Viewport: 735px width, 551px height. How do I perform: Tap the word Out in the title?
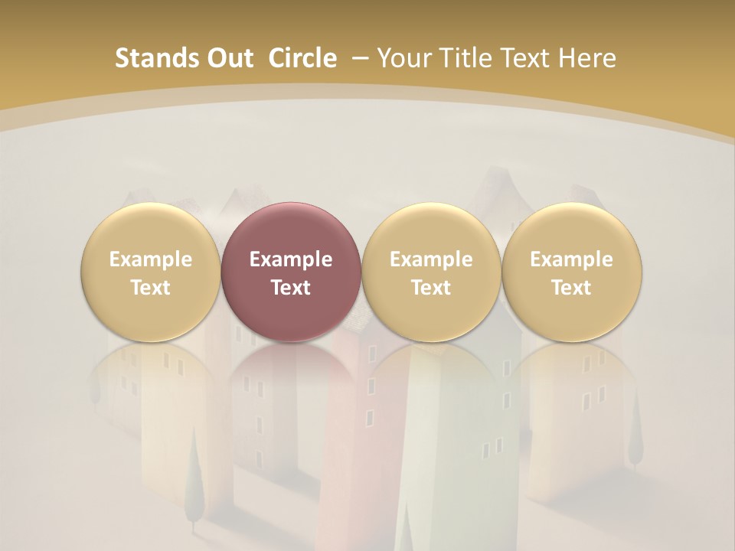coord(230,58)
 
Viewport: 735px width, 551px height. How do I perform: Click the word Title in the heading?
coord(465,58)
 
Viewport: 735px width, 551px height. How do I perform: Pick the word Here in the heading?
coord(587,58)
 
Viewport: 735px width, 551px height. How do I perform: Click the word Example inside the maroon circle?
coord(291,259)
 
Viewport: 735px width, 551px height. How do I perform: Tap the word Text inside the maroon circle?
coord(291,288)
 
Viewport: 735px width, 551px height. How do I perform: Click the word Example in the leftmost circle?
coord(150,259)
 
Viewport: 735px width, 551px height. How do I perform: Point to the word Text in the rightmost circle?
coord(572,288)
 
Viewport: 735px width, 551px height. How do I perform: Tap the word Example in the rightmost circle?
coord(572,259)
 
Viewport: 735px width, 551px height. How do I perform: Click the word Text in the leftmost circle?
coord(150,288)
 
